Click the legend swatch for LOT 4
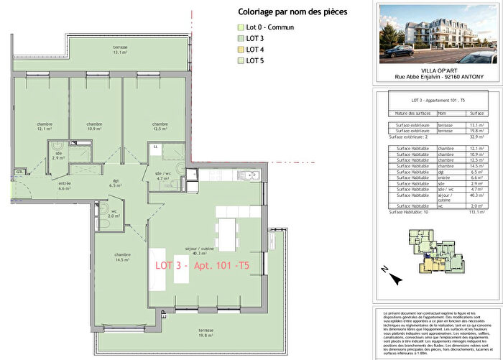click(241, 50)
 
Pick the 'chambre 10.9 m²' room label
click(93, 126)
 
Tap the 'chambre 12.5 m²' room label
click(159, 126)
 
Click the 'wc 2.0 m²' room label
click(114, 213)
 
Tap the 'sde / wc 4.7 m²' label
click(163, 175)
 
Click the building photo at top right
click(436, 34)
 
